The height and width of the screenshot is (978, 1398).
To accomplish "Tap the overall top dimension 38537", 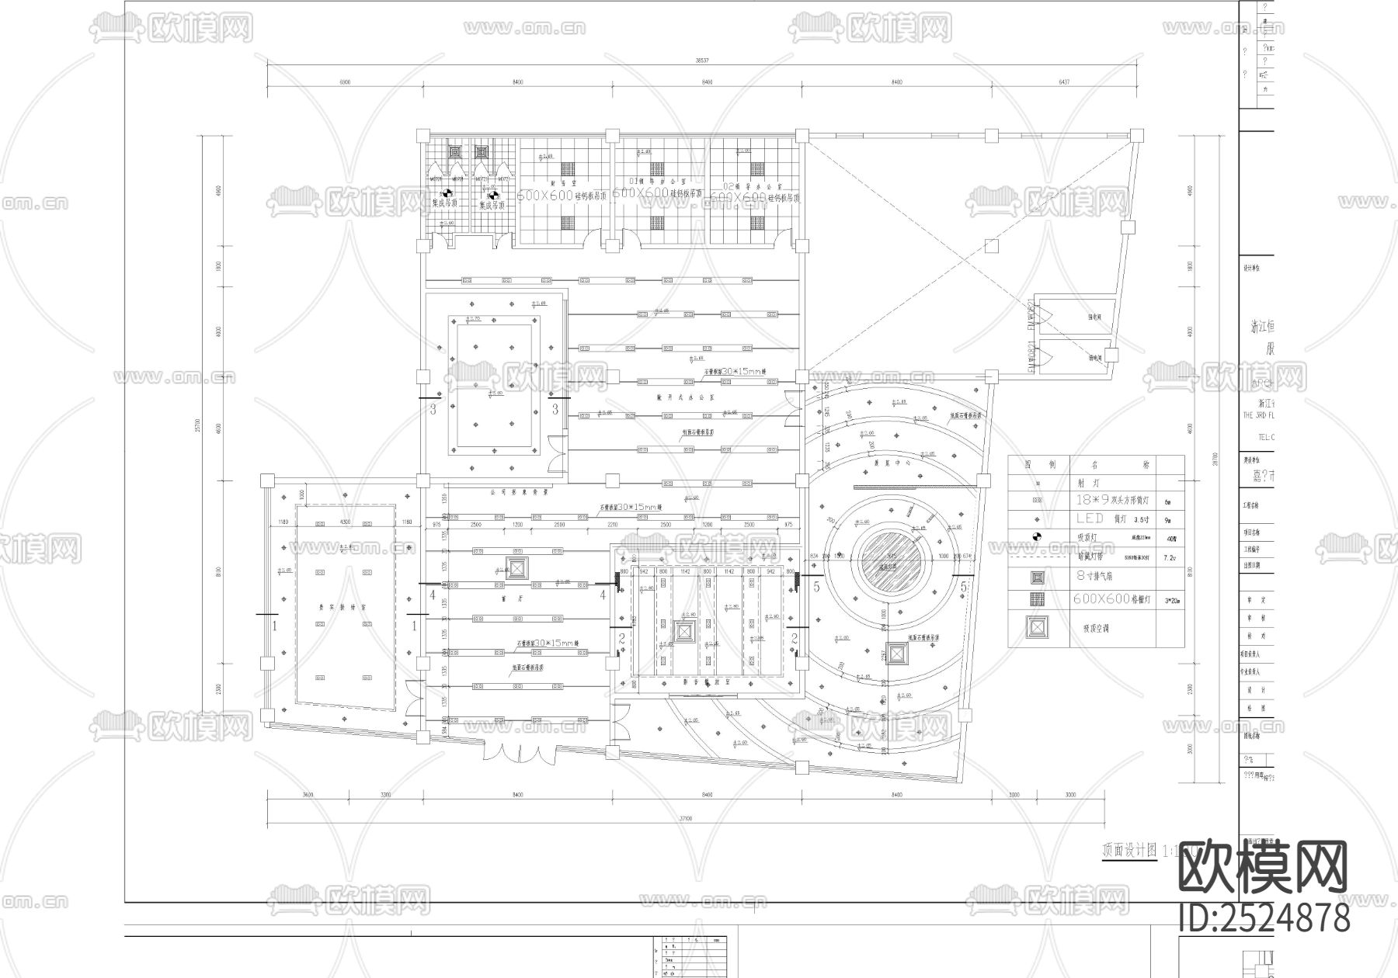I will (x=702, y=60).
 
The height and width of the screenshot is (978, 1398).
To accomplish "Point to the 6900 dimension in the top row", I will (x=345, y=81).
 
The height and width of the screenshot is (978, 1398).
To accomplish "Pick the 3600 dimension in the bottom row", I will (x=307, y=795).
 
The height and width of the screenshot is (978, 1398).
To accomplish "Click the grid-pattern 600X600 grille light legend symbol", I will (x=1037, y=599).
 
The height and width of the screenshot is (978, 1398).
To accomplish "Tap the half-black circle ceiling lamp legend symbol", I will (x=1037, y=537).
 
